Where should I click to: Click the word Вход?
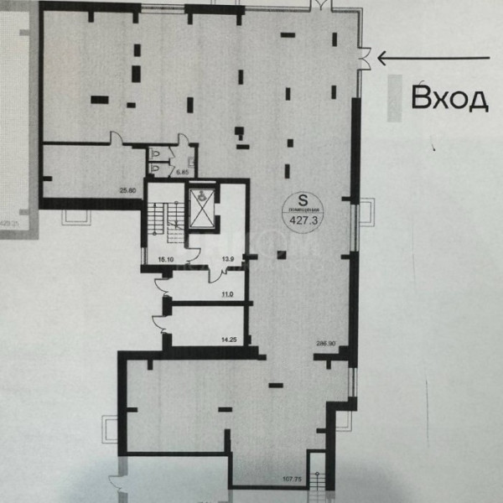pos(449,98)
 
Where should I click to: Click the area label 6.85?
pos(179,173)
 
